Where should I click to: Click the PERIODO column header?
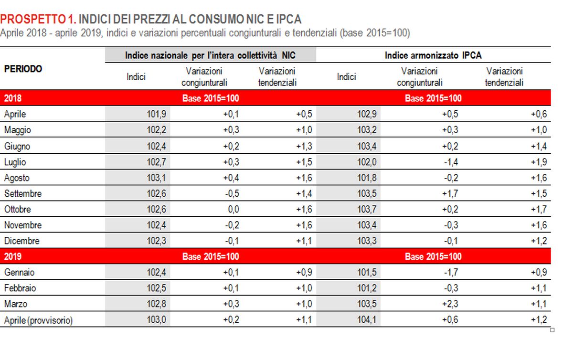(23, 69)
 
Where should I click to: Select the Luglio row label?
(15, 162)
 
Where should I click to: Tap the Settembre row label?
(22, 194)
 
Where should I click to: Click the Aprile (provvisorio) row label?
(38, 320)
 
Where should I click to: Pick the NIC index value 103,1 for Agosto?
(156, 178)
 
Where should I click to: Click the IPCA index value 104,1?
(367, 320)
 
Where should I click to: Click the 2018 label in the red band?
(12, 98)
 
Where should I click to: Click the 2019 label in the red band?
(12, 257)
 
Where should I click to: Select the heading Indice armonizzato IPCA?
(433, 55)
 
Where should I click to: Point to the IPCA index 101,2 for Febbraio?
(367, 288)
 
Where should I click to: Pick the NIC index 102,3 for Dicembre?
(156, 241)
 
